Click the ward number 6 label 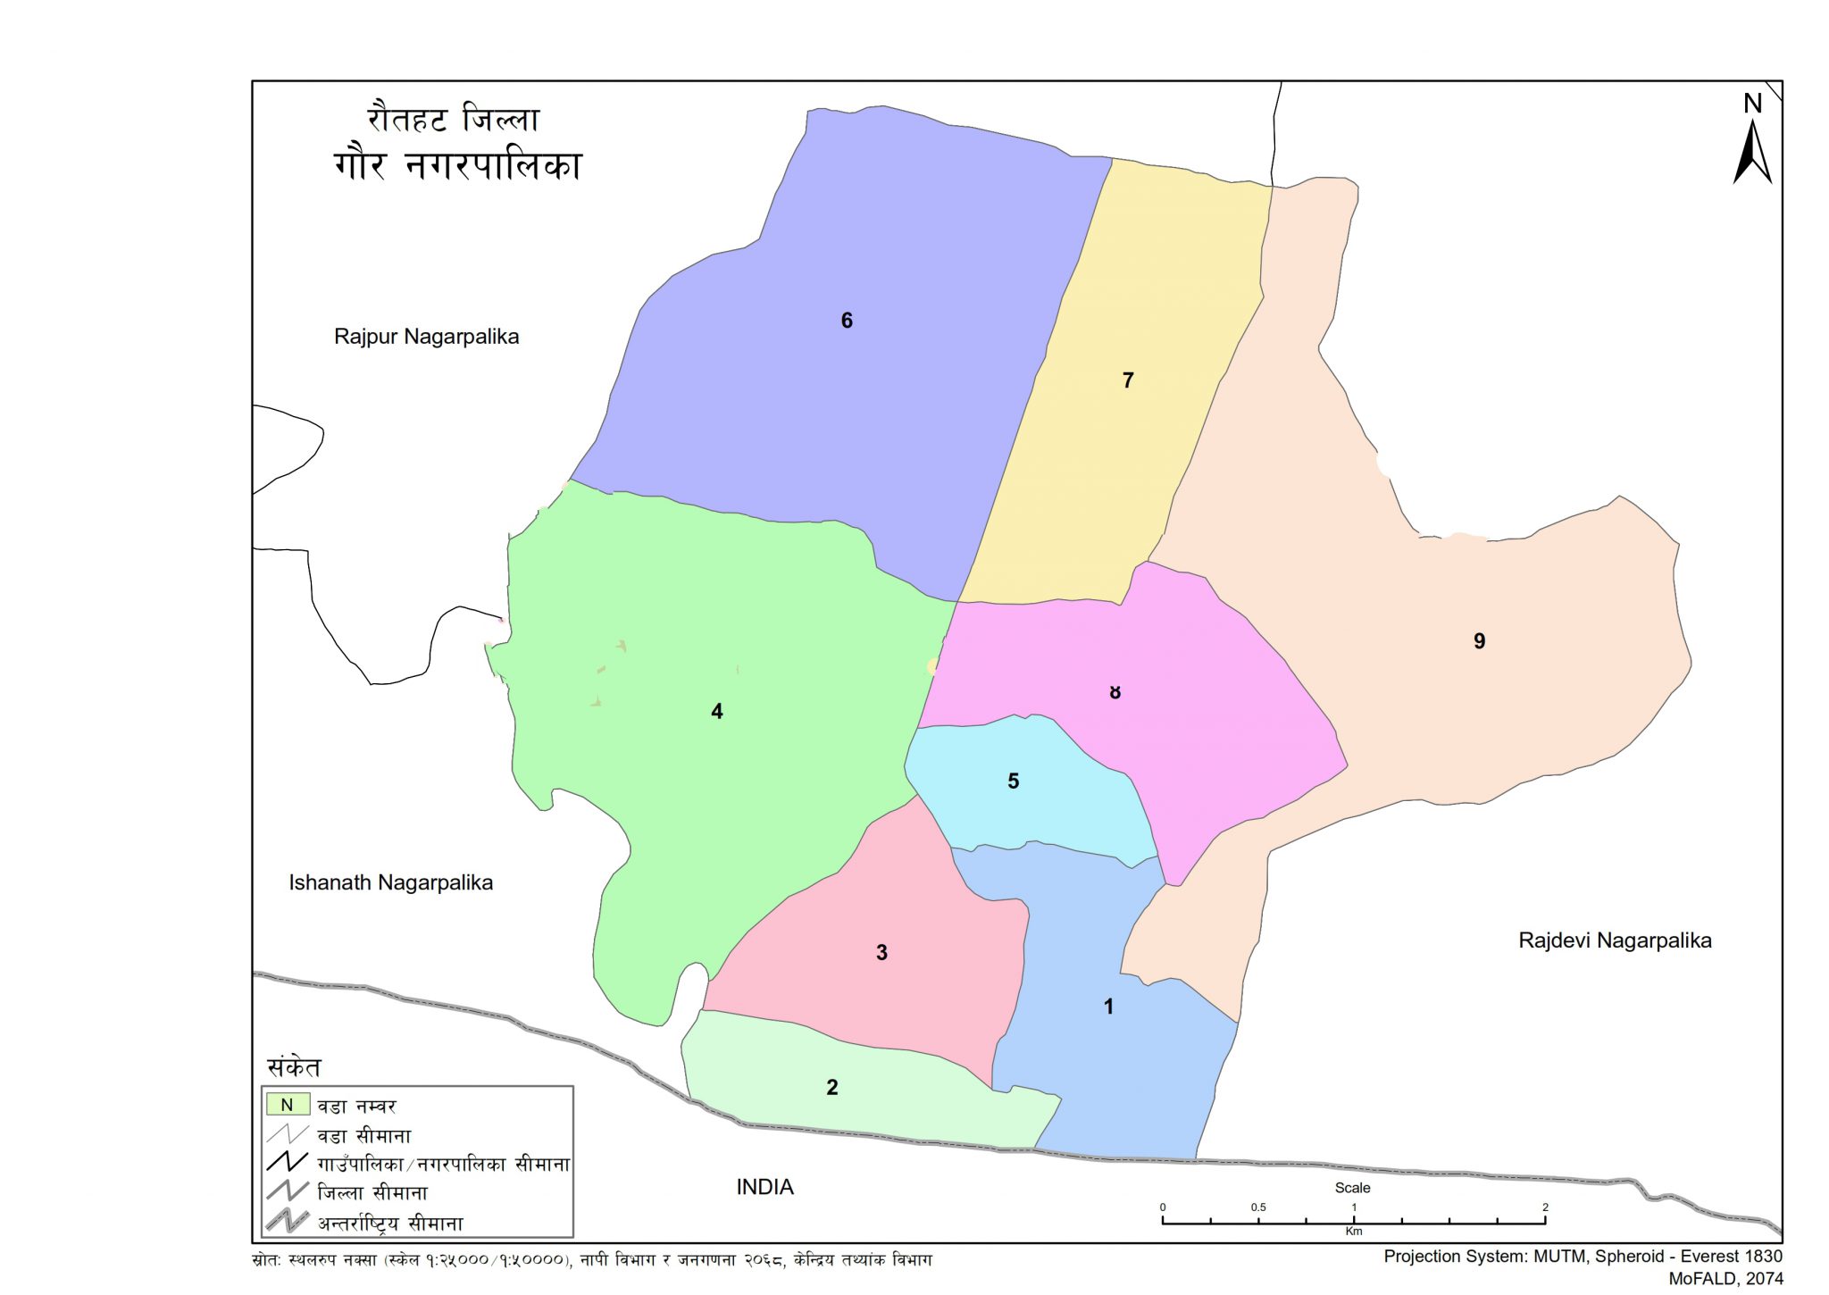pos(847,321)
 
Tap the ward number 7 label pos(1128,380)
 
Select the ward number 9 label pos(1479,641)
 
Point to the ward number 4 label pos(716,712)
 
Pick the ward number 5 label pos(1013,781)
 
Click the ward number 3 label pos(881,953)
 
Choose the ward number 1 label pos(1108,1007)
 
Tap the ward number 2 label pos(831,1088)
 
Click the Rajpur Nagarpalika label pos(426,337)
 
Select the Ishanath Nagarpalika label pos(390,883)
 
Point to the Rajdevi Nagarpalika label pos(1615,940)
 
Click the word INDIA pos(764,1187)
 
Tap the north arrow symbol pos(1752,152)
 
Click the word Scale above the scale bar pos(1352,1188)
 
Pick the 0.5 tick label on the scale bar pos(1257,1207)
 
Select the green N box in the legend pos(287,1105)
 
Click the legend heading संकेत pos(294,1067)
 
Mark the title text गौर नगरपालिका pos(457,166)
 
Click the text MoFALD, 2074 pos(1725,1279)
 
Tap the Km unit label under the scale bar pos(1353,1232)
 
